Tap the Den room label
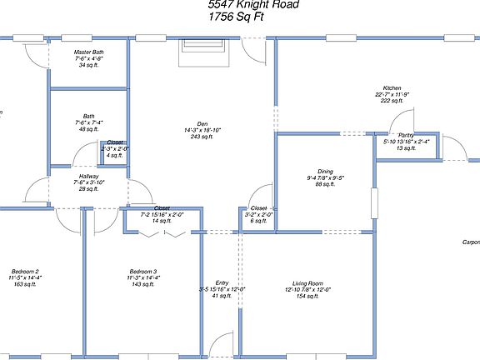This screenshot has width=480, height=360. click(x=202, y=123)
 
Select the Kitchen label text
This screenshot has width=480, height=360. click(x=392, y=88)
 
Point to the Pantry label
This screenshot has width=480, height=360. click(x=406, y=135)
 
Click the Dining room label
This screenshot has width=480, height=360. click(x=325, y=171)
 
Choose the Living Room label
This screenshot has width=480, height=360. click(x=307, y=283)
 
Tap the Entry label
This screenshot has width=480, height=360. click(x=222, y=283)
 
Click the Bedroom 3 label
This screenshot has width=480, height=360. click(x=143, y=271)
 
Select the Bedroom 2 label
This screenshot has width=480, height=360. click(x=25, y=271)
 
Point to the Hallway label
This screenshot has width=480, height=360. click(x=88, y=177)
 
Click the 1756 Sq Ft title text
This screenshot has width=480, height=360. click(x=237, y=17)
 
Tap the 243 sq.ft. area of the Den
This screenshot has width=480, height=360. click(x=202, y=137)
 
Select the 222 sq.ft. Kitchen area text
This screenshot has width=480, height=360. click(x=392, y=101)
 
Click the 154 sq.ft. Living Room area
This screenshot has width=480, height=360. click(x=307, y=297)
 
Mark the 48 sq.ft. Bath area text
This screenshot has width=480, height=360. click(x=88, y=129)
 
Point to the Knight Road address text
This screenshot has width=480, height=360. click(x=253, y=4)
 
